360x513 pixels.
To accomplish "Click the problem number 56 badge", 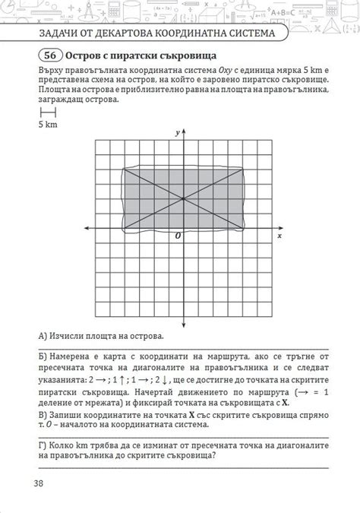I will [x=50, y=56].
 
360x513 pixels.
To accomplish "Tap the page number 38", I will [x=39, y=483].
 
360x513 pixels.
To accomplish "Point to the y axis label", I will [x=177, y=133].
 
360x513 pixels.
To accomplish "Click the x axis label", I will [x=279, y=236].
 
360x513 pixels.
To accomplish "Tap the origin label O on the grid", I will [x=178, y=236].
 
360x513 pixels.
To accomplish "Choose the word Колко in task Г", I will [x=63, y=445].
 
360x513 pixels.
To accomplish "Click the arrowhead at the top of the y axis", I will [x=184, y=131].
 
